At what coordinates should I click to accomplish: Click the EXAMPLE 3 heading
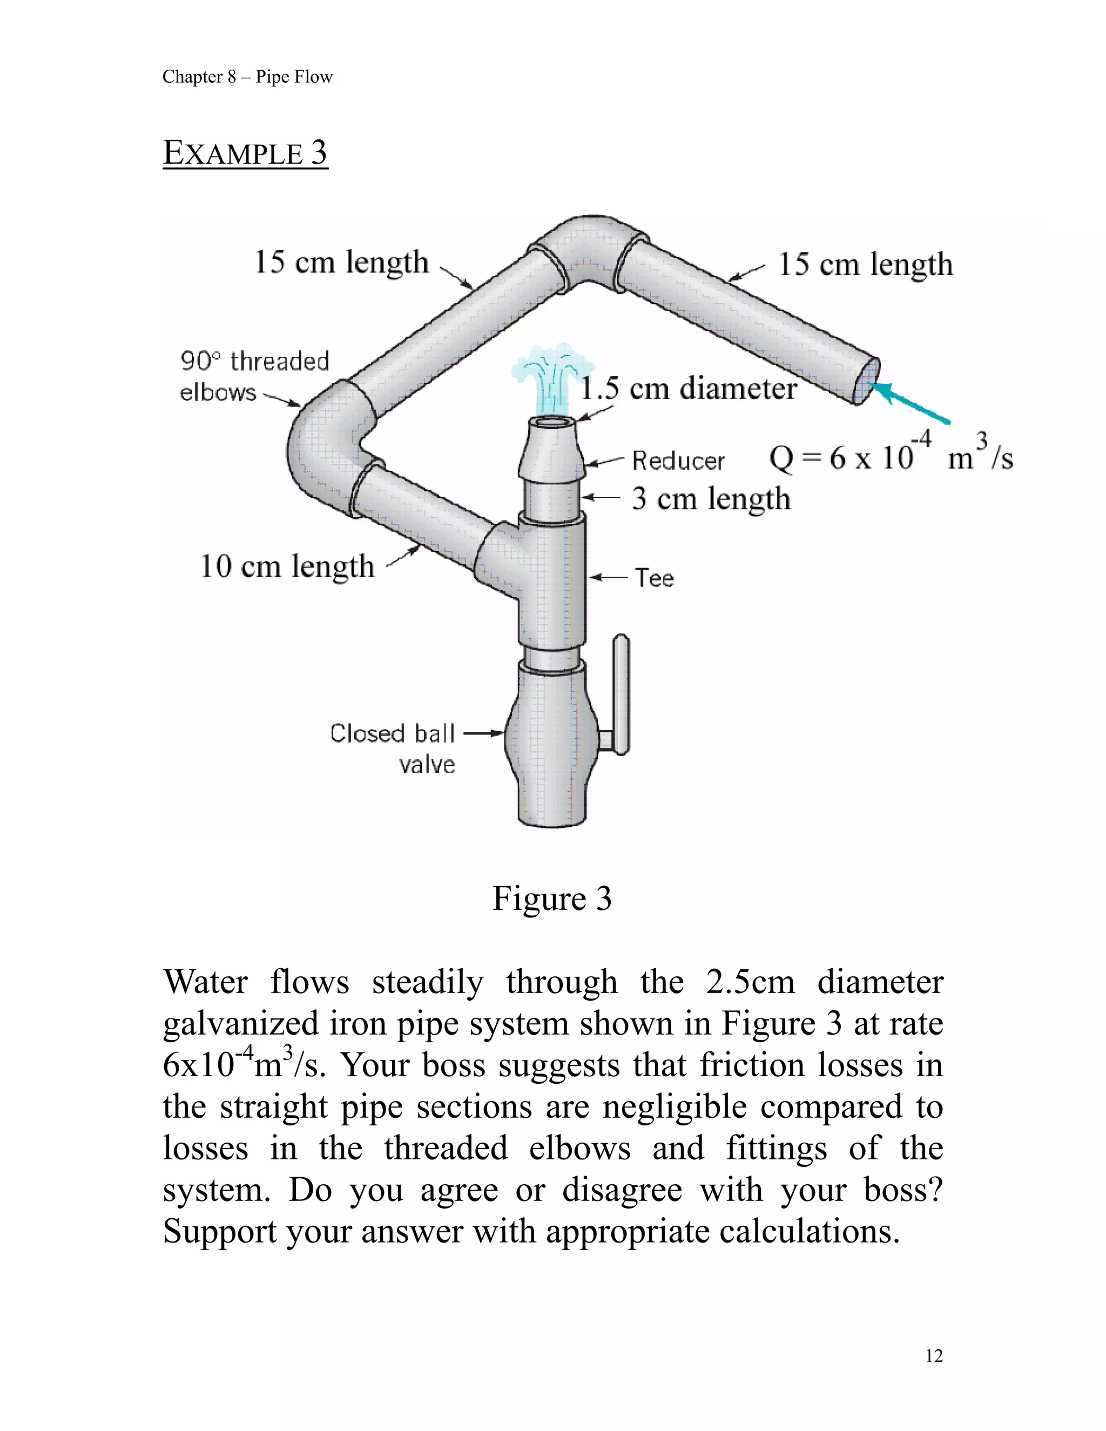tap(245, 153)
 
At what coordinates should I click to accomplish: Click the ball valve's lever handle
tap(621, 694)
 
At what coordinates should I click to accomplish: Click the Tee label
tap(654, 578)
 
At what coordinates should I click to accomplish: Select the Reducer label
tap(678, 461)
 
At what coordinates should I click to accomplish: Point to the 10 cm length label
tap(287, 566)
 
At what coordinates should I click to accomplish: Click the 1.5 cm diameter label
tap(689, 389)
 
